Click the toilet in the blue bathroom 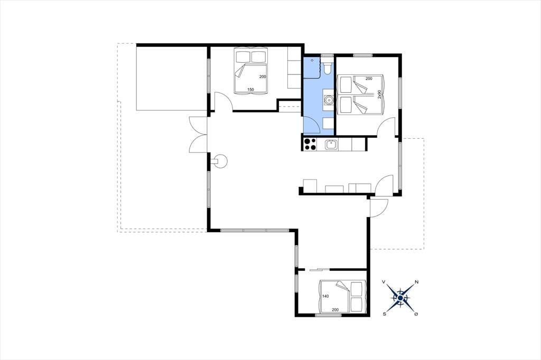click(328, 68)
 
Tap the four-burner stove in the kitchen click(310, 144)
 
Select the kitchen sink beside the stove click(331, 144)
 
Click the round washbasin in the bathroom click(329, 100)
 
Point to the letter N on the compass click(416, 282)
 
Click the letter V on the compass click(384, 282)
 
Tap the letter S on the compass click(384, 314)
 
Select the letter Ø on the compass click(416, 314)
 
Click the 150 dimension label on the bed click(250, 90)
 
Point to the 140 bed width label click(325, 296)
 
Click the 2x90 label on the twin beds click(379, 94)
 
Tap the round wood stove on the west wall click(220, 161)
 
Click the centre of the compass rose click(400, 298)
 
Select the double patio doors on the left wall click(198, 135)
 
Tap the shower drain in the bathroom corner click(312, 60)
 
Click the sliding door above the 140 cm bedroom click(319, 269)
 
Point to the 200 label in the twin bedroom click(369, 79)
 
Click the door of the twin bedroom click(387, 127)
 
